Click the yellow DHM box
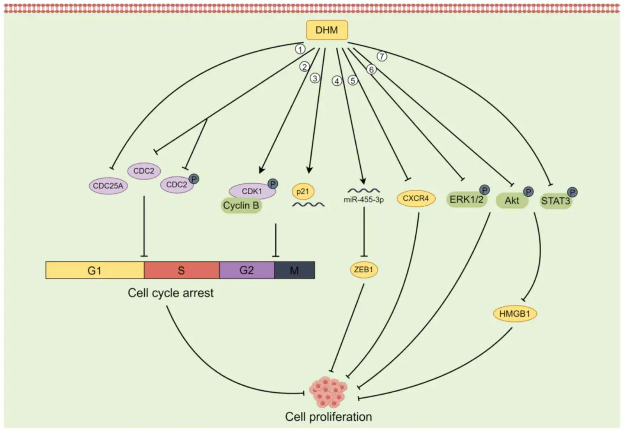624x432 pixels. click(x=326, y=30)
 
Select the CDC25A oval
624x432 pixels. click(x=108, y=186)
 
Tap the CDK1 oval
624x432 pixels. click(x=252, y=191)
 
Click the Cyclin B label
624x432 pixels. click(x=241, y=206)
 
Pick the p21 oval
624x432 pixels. click(x=303, y=191)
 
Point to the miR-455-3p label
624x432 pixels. click(x=363, y=200)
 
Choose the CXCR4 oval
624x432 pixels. click(x=416, y=198)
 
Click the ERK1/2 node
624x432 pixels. click(x=466, y=200)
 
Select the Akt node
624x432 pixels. click(x=512, y=201)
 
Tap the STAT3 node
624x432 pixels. click(x=555, y=201)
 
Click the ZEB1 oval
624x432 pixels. click(x=363, y=270)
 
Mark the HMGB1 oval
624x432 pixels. click(x=515, y=314)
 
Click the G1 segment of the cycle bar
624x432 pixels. click(x=95, y=270)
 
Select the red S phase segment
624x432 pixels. click(x=181, y=270)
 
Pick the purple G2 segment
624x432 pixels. click(x=246, y=270)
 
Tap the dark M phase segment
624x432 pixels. click(x=294, y=270)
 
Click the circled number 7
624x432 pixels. click(x=382, y=56)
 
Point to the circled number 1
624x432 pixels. click(x=300, y=49)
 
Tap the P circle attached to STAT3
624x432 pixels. click(x=572, y=192)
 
